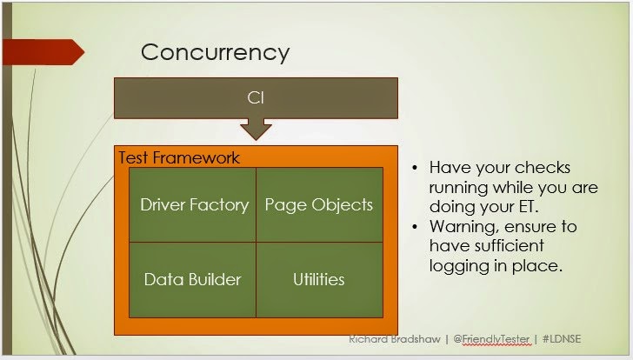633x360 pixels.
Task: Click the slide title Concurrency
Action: tap(215, 53)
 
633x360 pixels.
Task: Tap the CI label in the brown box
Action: tap(256, 97)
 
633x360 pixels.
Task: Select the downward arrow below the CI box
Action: tap(256, 130)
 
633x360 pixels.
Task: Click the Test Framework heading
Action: tap(179, 157)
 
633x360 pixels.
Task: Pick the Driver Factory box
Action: tap(192, 205)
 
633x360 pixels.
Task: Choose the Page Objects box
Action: tap(319, 205)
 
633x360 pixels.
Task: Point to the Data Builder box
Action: tap(192, 280)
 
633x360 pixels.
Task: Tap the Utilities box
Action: tap(319, 280)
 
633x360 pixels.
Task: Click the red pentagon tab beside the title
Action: tap(43, 52)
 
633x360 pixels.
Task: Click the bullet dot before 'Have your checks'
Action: tap(415, 168)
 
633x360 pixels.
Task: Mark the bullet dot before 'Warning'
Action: tap(415, 226)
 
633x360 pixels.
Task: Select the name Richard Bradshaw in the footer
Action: tap(395, 339)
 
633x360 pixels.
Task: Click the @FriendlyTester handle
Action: tap(491, 339)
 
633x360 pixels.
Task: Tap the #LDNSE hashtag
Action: tap(562, 338)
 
